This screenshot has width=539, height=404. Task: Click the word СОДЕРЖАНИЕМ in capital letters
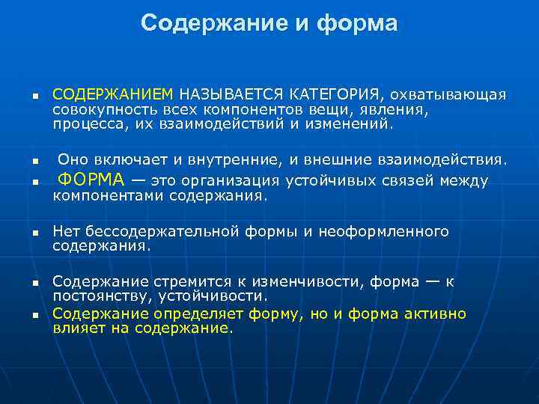coord(112,95)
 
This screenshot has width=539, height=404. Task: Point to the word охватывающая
coord(450,95)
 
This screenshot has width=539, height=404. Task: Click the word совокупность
coord(98,109)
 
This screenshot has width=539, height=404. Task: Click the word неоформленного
coord(383,231)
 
